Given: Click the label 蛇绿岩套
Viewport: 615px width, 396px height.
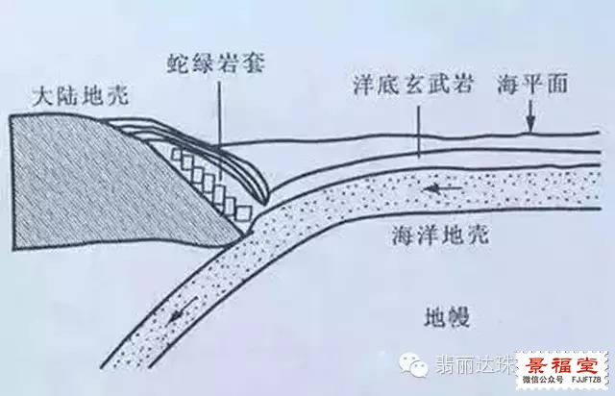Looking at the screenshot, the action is point(216,63).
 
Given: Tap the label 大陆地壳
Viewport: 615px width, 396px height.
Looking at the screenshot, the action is point(81,95).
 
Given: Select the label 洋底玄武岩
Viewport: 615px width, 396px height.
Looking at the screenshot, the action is point(412,84).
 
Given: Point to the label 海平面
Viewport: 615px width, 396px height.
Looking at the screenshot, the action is point(532,84).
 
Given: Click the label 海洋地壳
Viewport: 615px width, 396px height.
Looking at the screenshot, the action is point(440,235).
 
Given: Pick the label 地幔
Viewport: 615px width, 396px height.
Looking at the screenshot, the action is point(447,316).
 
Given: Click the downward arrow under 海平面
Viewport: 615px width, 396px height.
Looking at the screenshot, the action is point(530,115).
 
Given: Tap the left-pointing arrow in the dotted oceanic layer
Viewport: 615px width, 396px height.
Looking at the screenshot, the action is point(442,189).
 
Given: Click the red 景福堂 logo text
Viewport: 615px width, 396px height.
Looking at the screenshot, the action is point(562,365).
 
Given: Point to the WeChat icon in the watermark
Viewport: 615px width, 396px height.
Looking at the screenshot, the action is point(413,364).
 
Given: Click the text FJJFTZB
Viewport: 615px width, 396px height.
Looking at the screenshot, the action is point(586,380).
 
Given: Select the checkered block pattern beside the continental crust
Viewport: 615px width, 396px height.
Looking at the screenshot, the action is point(211,185).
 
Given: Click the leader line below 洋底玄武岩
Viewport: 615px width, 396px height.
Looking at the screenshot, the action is point(419,132).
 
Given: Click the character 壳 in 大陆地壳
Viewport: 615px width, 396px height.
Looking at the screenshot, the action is point(117,95).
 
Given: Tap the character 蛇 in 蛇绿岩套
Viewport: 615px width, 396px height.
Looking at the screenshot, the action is point(178,63).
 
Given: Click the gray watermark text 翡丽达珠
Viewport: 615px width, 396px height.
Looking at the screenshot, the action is point(475,364).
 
